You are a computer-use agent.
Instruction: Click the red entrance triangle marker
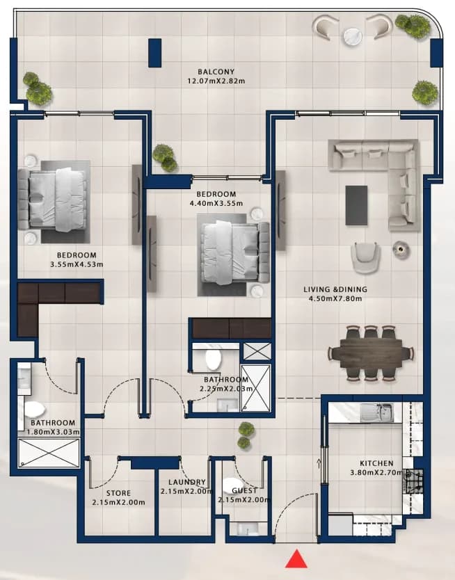click(x=296, y=560)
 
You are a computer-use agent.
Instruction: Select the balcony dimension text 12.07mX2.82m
click(x=216, y=81)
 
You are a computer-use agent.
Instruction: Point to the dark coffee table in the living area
click(x=357, y=205)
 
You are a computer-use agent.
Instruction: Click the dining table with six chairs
click(x=370, y=353)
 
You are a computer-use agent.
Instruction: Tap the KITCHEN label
click(x=376, y=463)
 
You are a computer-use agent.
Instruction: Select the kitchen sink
click(x=376, y=412)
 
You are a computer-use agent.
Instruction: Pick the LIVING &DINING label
click(x=335, y=289)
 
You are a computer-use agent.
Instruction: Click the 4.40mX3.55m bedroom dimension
click(x=216, y=204)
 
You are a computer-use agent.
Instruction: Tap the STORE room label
click(x=118, y=493)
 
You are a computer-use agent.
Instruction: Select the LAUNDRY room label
click(x=187, y=483)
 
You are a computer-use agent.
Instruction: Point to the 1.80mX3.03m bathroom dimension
click(x=54, y=432)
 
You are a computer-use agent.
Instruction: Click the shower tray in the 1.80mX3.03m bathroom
click(x=49, y=453)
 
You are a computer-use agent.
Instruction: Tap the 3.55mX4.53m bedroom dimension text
click(x=77, y=264)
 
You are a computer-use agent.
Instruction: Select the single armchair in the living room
click(x=365, y=258)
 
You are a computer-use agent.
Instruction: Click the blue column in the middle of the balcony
click(x=154, y=53)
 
